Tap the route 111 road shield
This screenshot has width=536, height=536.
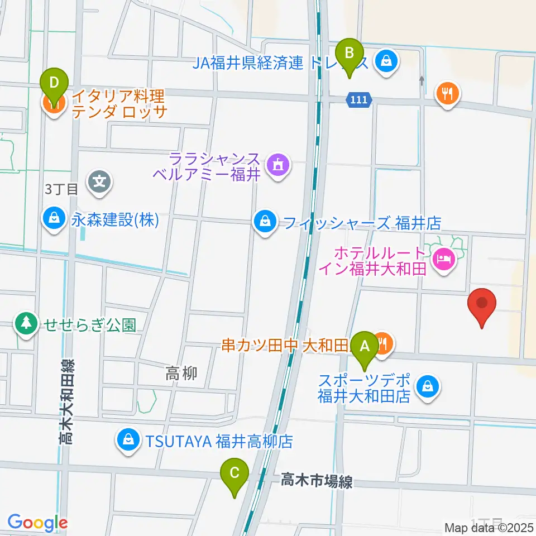pos(360,100)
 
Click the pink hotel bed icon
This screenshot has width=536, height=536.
pos(444,259)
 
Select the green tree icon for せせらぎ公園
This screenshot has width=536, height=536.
pos(26,324)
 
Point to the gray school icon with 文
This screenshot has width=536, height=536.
pos(99,181)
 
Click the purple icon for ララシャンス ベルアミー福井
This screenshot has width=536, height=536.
pos(276,165)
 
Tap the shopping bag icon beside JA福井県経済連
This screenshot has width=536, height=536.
pos(386,61)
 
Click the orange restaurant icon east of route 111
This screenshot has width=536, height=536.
pos(448,93)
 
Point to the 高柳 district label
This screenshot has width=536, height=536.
pos(181,374)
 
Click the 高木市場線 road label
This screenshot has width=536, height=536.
pos(317,480)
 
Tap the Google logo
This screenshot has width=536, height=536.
pos(37,523)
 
